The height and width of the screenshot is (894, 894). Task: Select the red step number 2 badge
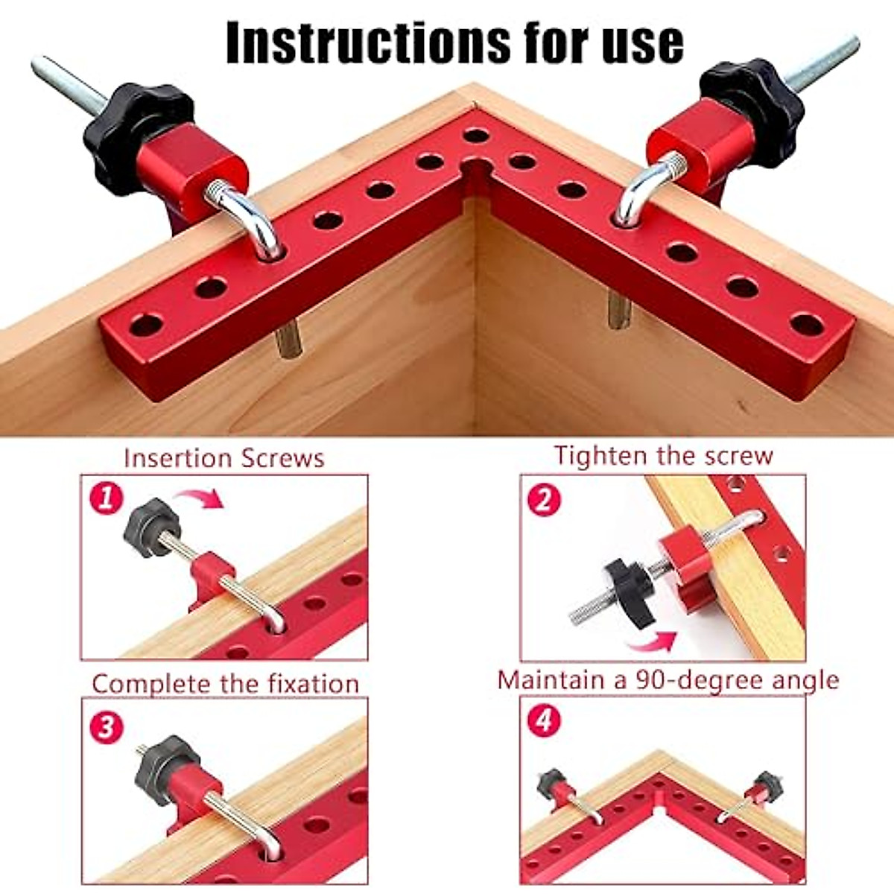click(544, 499)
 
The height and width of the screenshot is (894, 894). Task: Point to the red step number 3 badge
click(106, 725)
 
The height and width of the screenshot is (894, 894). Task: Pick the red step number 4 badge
click(545, 720)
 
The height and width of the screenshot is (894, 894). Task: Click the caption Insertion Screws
click(224, 457)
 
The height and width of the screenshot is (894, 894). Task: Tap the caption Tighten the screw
click(663, 455)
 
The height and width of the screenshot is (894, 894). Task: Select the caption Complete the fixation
click(225, 683)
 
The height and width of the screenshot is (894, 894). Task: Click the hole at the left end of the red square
click(146, 326)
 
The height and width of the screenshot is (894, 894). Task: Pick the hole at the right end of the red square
click(807, 325)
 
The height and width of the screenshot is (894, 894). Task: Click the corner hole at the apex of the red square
click(475, 136)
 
